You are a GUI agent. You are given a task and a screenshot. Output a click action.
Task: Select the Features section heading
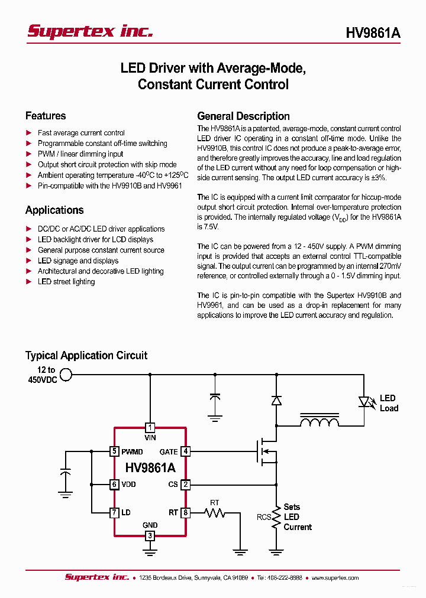[46, 116]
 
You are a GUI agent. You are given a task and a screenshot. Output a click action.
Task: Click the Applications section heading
[54, 210]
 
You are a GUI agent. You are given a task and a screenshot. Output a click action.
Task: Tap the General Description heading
[243, 116]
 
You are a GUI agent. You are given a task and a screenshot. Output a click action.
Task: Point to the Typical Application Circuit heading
[86, 355]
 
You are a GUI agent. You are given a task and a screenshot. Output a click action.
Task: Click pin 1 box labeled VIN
[150, 427]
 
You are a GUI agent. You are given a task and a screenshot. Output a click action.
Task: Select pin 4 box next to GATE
[185, 451]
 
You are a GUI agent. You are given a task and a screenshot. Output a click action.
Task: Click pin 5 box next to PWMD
[114, 451]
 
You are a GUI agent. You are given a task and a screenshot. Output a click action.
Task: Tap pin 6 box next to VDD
[114, 485]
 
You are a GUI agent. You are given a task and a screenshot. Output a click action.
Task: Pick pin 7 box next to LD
[114, 512]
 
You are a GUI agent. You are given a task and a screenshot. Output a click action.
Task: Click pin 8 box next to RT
[185, 512]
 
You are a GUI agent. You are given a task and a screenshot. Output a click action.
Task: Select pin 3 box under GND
[150, 535]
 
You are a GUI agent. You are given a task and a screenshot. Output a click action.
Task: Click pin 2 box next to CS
[185, 485]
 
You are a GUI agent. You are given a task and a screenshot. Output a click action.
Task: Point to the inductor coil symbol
[319, 422]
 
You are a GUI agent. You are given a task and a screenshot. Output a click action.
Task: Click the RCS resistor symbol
[276, 518]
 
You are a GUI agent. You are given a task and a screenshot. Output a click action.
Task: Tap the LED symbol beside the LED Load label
[364, 402]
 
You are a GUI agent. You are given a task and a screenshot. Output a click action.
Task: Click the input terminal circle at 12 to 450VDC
[66, 374]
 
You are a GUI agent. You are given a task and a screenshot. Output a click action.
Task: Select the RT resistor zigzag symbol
[215, 512]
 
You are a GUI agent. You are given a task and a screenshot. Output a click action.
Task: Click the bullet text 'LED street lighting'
[66, 282]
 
